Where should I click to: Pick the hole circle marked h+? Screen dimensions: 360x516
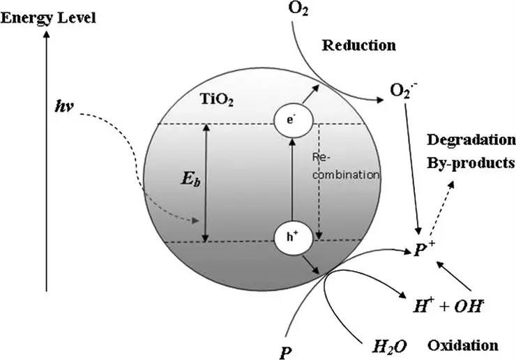291,236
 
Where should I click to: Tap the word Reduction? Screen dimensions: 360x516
358,45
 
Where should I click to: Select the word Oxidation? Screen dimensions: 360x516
462,345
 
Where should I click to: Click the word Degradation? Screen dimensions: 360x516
470,140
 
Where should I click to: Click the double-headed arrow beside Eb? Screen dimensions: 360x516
205,181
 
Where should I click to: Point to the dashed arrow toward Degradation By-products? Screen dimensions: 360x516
437,206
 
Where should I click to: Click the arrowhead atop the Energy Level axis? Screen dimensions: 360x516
46,38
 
